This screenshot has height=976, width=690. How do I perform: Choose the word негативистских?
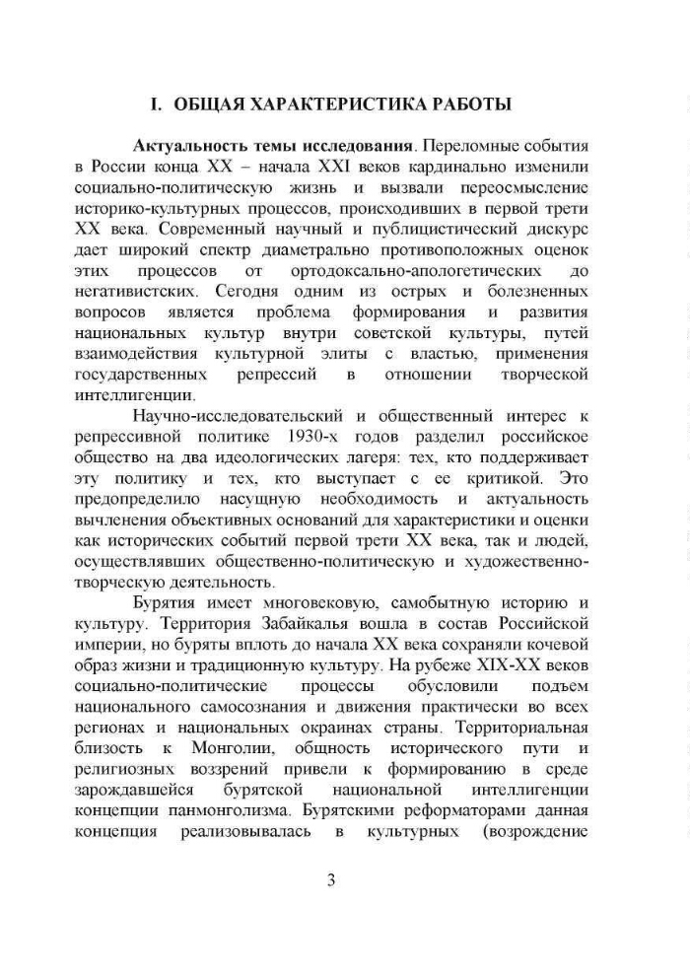pyautogui.click(x=134, y=293)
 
